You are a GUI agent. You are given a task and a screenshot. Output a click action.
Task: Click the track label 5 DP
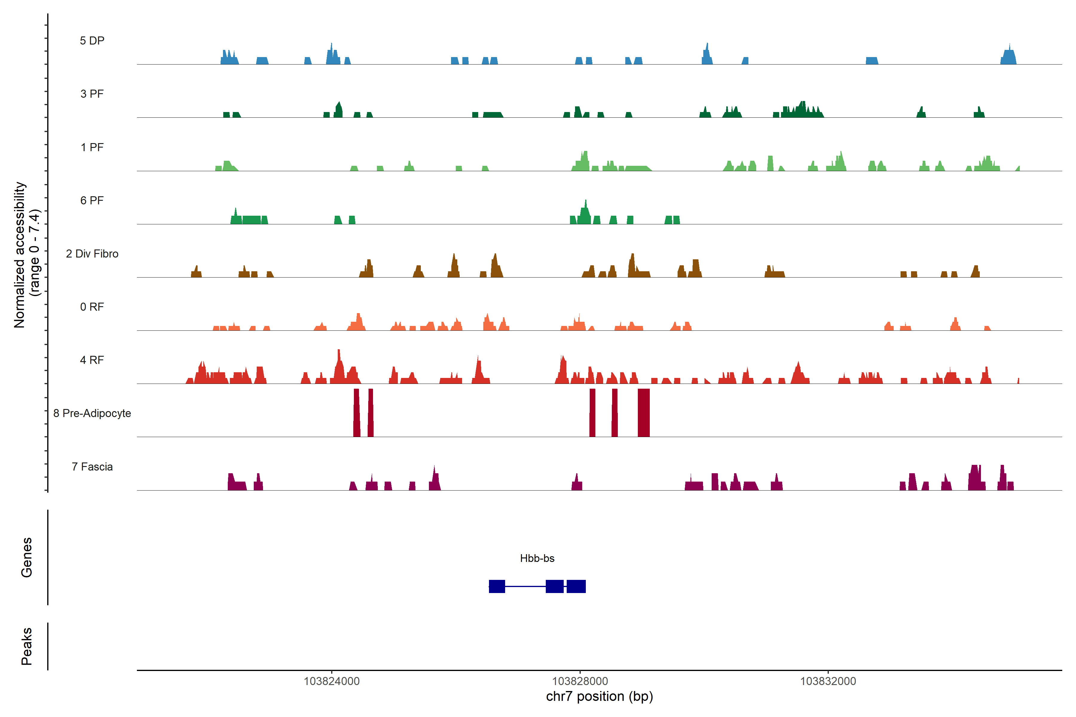pyautogui.click(x=92, y=41)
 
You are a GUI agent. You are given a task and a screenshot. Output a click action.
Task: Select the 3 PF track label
pyautogui.click(x=92, y=94)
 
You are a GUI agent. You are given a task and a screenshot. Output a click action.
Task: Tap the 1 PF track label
pyautogui.click(x=92, y=147)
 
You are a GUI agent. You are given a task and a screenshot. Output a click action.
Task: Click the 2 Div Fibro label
pyautogui.click(x=92, y=254)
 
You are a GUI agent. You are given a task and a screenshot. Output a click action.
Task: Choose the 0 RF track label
pyautogui.click(x=92, y=307)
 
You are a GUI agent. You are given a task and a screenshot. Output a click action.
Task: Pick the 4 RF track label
pyautogui.click(x=92, y=360)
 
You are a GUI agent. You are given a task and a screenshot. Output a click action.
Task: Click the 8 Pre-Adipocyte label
pyautogui.click(x=92, y=413)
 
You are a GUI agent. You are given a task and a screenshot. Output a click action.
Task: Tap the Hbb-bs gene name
pyautogui.click(x=537, y=558)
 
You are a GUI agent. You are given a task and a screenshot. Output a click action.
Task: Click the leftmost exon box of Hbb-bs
pyautogui.click(x=497, y=586)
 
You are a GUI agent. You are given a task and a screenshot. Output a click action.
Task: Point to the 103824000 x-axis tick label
pyautogui.click(x=332, y=681)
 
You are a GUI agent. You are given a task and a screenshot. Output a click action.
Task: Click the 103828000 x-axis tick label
pyautogui.click(x=580, y=681)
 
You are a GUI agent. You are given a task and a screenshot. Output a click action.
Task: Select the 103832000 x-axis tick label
pyautogui.click(x=828, y=681)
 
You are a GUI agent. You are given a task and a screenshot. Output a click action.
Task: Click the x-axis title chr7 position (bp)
pyautogui.click(x=599, y=696)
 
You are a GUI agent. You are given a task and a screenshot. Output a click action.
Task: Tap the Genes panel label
pyautogui.click(x=27, y=557)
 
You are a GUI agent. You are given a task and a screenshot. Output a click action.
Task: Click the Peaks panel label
pyautogui.click(x=27, y=646)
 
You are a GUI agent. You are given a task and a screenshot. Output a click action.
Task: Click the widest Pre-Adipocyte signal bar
pyautogui.click(x=644, y=413)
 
